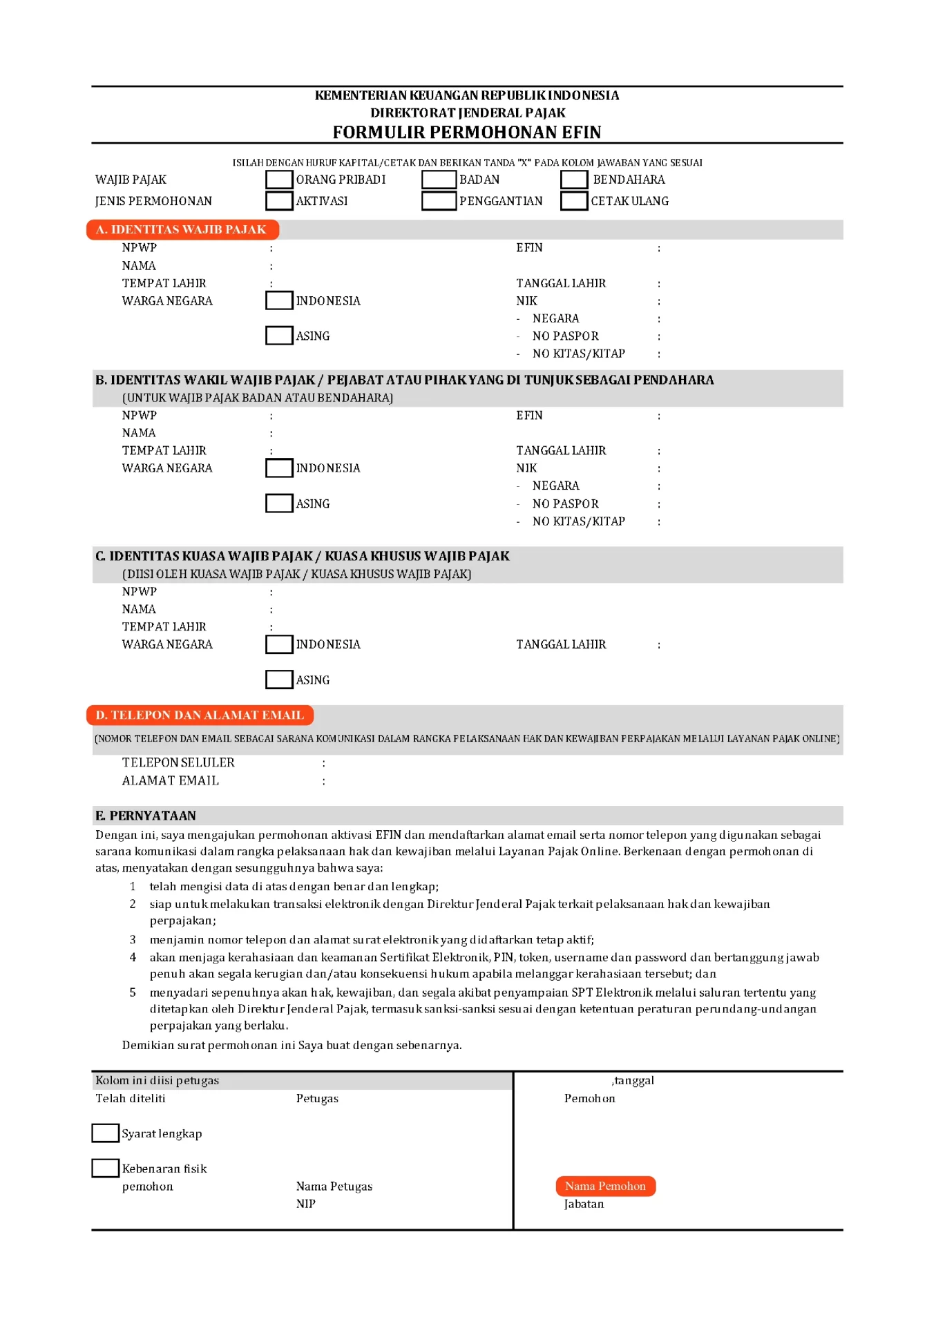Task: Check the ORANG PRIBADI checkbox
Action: tap(279, 180)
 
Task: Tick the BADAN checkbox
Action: tap(439, 180)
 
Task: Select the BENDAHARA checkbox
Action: tap(574, 180)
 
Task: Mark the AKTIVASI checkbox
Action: tap(279, 201)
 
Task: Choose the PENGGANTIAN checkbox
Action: tap(439, 201)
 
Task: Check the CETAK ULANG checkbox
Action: tap(574, 201)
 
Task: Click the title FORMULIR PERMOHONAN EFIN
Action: tap(467, 132)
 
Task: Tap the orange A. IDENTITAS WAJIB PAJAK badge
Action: tap(182, 229)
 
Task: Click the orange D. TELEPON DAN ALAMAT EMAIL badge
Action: tap(200, 715)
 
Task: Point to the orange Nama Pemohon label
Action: tap(605, 1186)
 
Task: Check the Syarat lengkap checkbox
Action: tap(106, 1133)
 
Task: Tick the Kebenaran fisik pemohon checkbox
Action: tap(106, 1168)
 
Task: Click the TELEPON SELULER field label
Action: tap(178, 762)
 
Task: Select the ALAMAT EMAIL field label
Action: tap(171, 780)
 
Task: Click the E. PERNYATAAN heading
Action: tap(146, 816)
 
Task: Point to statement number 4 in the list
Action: tap(133, 957)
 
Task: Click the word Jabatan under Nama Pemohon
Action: tap(584, 1204)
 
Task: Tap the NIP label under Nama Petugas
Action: tap(306, 1204)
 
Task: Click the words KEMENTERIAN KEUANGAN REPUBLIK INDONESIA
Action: tap(467, 95)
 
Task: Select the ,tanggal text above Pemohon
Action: tap(633, 1080)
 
